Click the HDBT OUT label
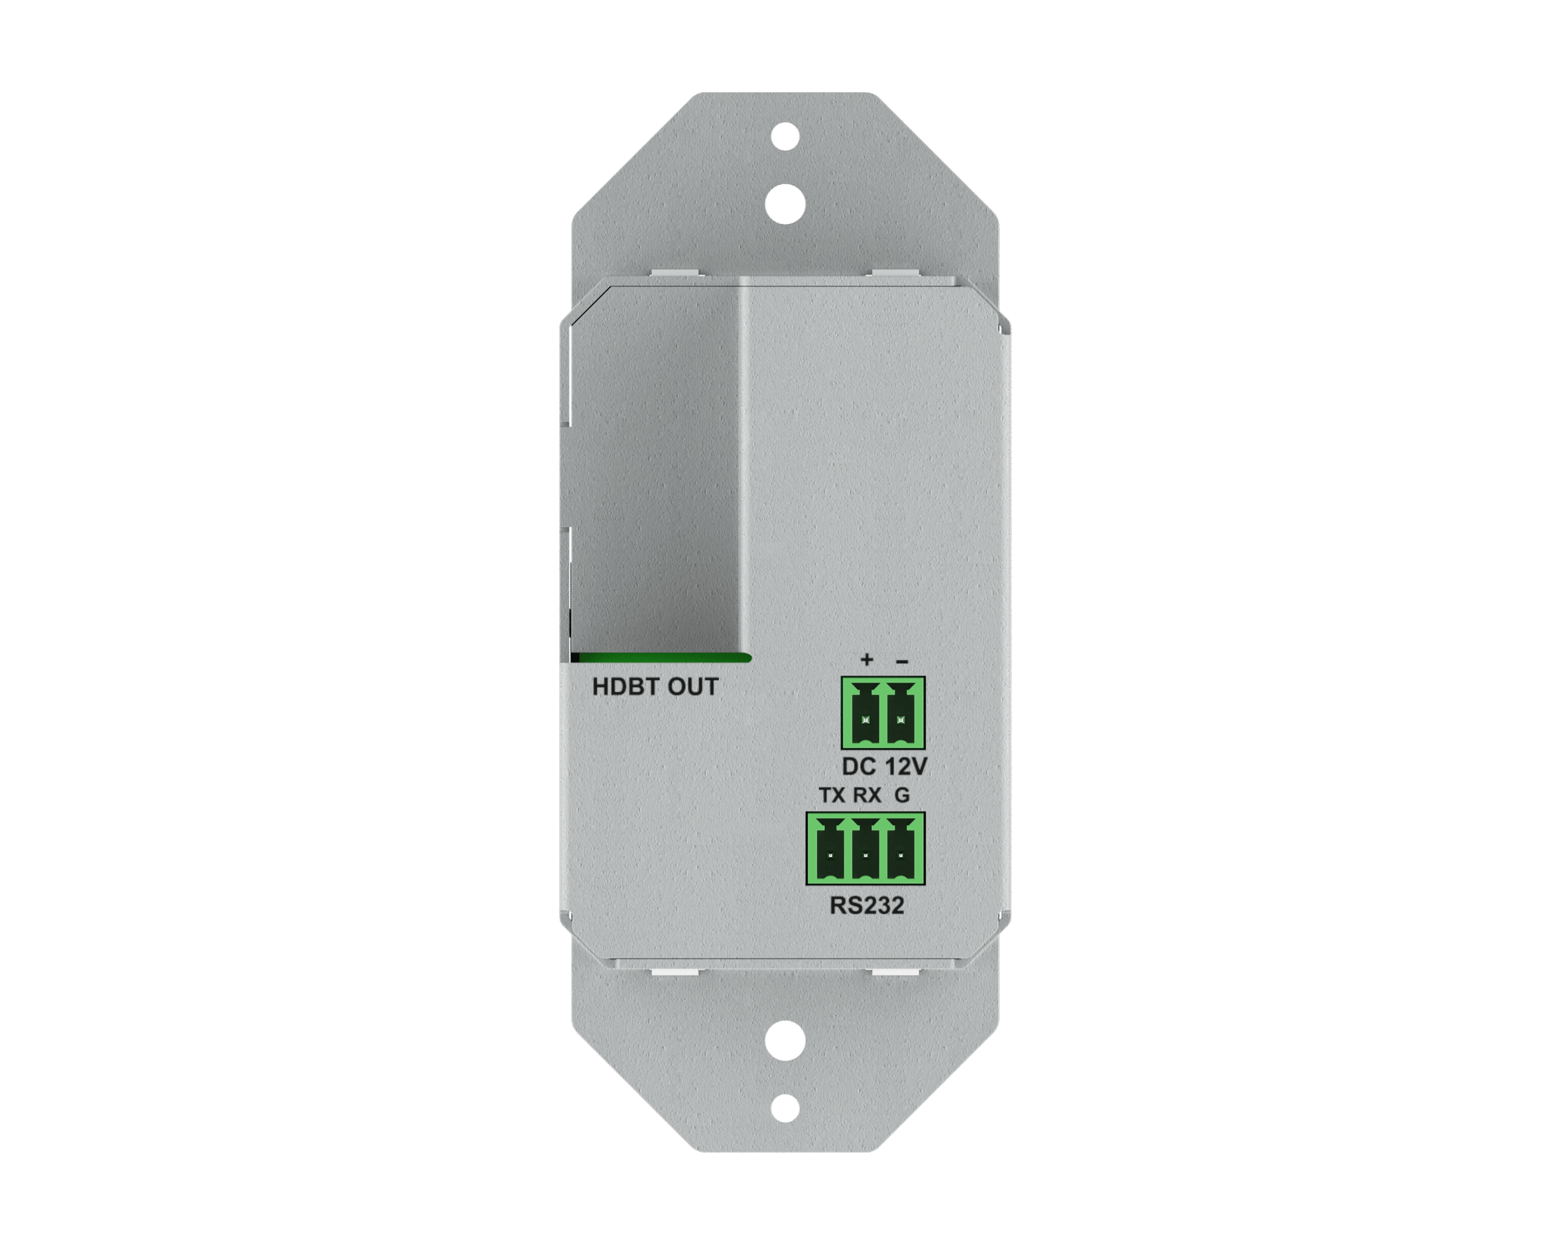pyautogui.click(x=655, y=687)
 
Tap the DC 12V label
pyautogui.click(x=884, y=766)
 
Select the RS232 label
pyautogui.click(x=867, y=905)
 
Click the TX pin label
pyautogui.click(x=832, y=795)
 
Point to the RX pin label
pyautogui.click(x=867, y=795)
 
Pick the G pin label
pyautogui.click(x=902, y=795)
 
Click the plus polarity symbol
pyautogui.click(x=866, y=659)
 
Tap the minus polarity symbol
pyautogui.click(x=902, y=661)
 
